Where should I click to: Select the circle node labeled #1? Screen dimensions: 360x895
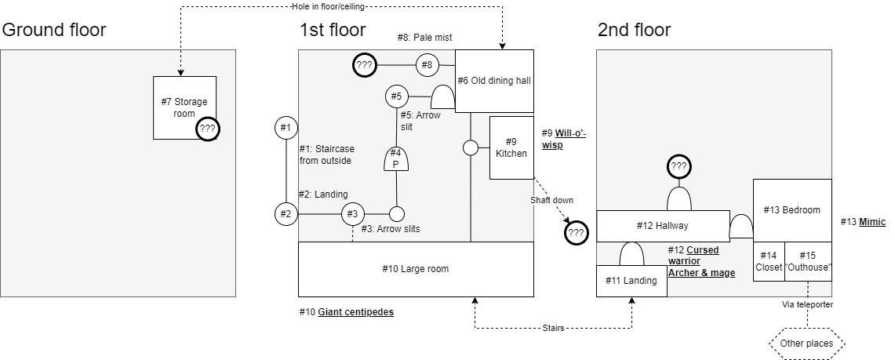(x=286, y=127)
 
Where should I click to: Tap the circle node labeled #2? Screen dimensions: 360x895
(x=286, y=213)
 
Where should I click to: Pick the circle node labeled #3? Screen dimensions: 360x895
(x=353, y=213)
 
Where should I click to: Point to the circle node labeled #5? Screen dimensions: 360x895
(x=397, y=96)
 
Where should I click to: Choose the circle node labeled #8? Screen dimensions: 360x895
(x=427, y=65)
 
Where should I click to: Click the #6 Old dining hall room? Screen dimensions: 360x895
(x=494, y=81)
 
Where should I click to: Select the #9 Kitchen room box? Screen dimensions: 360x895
(x=511, y=147)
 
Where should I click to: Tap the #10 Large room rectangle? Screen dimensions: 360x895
(x=416, y=269)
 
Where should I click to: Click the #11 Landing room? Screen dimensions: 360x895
(x=631, y=281)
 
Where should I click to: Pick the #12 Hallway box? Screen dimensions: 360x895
(x=663, y=226)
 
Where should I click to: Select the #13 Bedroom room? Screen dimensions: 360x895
(x=792, y=210)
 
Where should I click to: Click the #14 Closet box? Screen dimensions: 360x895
(x=769, y=261)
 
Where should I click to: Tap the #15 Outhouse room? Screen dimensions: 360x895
(x=808, y=261)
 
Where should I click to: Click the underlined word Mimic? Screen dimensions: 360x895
(x=873, y=222)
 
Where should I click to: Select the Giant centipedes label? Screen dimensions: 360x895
(x=355, y=312)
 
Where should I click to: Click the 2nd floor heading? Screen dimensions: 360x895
(x=634, y=31)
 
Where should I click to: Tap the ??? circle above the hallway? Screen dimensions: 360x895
(x=679, y=166)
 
